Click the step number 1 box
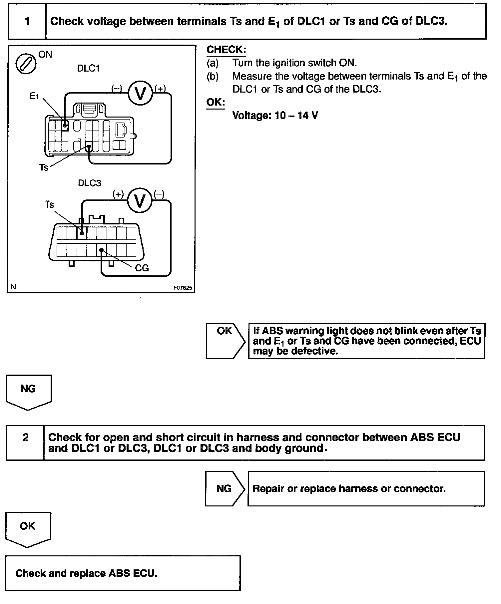tap(27, 21)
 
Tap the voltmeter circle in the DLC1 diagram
tap(140, 94)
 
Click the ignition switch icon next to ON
tap(26, 64)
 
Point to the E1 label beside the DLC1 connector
tap(34, 97)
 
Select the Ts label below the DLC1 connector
tap(44, 167)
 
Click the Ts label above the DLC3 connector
tap(49, 204)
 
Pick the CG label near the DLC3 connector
tap(142, 268)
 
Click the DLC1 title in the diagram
tap(88, 68)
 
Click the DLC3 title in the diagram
tap(89, 183)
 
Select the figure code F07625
tap(183, 288)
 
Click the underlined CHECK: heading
tap(226, 50)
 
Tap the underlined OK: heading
tap(216, 102)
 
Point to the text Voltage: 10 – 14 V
tap(275, 116)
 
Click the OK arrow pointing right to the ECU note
tap(225, 340)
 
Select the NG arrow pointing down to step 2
tap(28, 391)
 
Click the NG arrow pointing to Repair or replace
tap(224, 488)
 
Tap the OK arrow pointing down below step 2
tap(28, 529)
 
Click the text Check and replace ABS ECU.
tap(86, 573)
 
